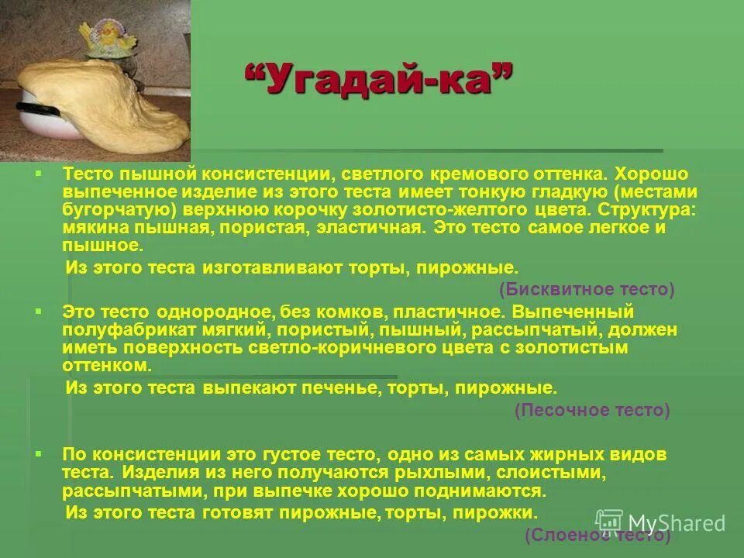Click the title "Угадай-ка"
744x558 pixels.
tap(379, 79)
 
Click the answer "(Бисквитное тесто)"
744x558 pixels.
tap(587, 289)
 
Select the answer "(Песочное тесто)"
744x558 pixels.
tap(592, 411)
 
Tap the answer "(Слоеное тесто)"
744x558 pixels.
tap(597, 535)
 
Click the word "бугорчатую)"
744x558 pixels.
tap(108, 210)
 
